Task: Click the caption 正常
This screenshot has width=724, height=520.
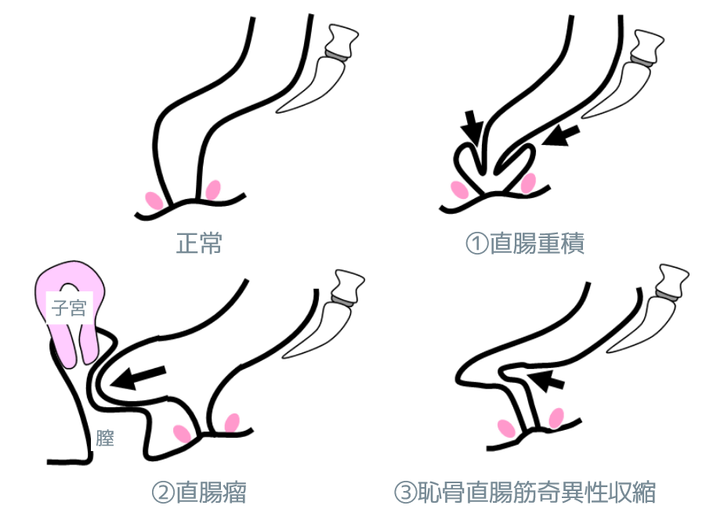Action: tap(199, 243)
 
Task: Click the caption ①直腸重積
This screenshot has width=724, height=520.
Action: tap(525, 243)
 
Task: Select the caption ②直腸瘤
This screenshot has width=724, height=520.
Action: tap(199, 493)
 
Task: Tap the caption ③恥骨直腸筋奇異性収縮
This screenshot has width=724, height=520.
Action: tap(525, 493)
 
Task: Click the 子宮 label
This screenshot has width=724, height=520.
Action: tap(69, 307)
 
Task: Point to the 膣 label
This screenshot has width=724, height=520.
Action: tap(105, 438)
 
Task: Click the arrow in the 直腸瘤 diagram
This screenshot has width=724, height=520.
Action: tap(138, 377)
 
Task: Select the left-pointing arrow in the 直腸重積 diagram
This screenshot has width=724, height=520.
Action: tap(560, 135)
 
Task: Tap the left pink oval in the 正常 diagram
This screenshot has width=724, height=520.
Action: tap(154, 200)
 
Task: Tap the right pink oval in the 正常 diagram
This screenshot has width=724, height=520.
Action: tap(213, 190)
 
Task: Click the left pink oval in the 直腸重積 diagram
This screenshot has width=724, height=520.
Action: tap(459, 190)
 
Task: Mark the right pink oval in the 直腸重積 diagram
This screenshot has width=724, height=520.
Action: tap(528, 182)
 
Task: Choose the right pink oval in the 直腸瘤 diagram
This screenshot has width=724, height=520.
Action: tap(232, 423)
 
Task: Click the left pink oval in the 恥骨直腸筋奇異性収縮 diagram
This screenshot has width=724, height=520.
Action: tap(506, 428)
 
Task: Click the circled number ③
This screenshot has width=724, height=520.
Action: tap(405, 493)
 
